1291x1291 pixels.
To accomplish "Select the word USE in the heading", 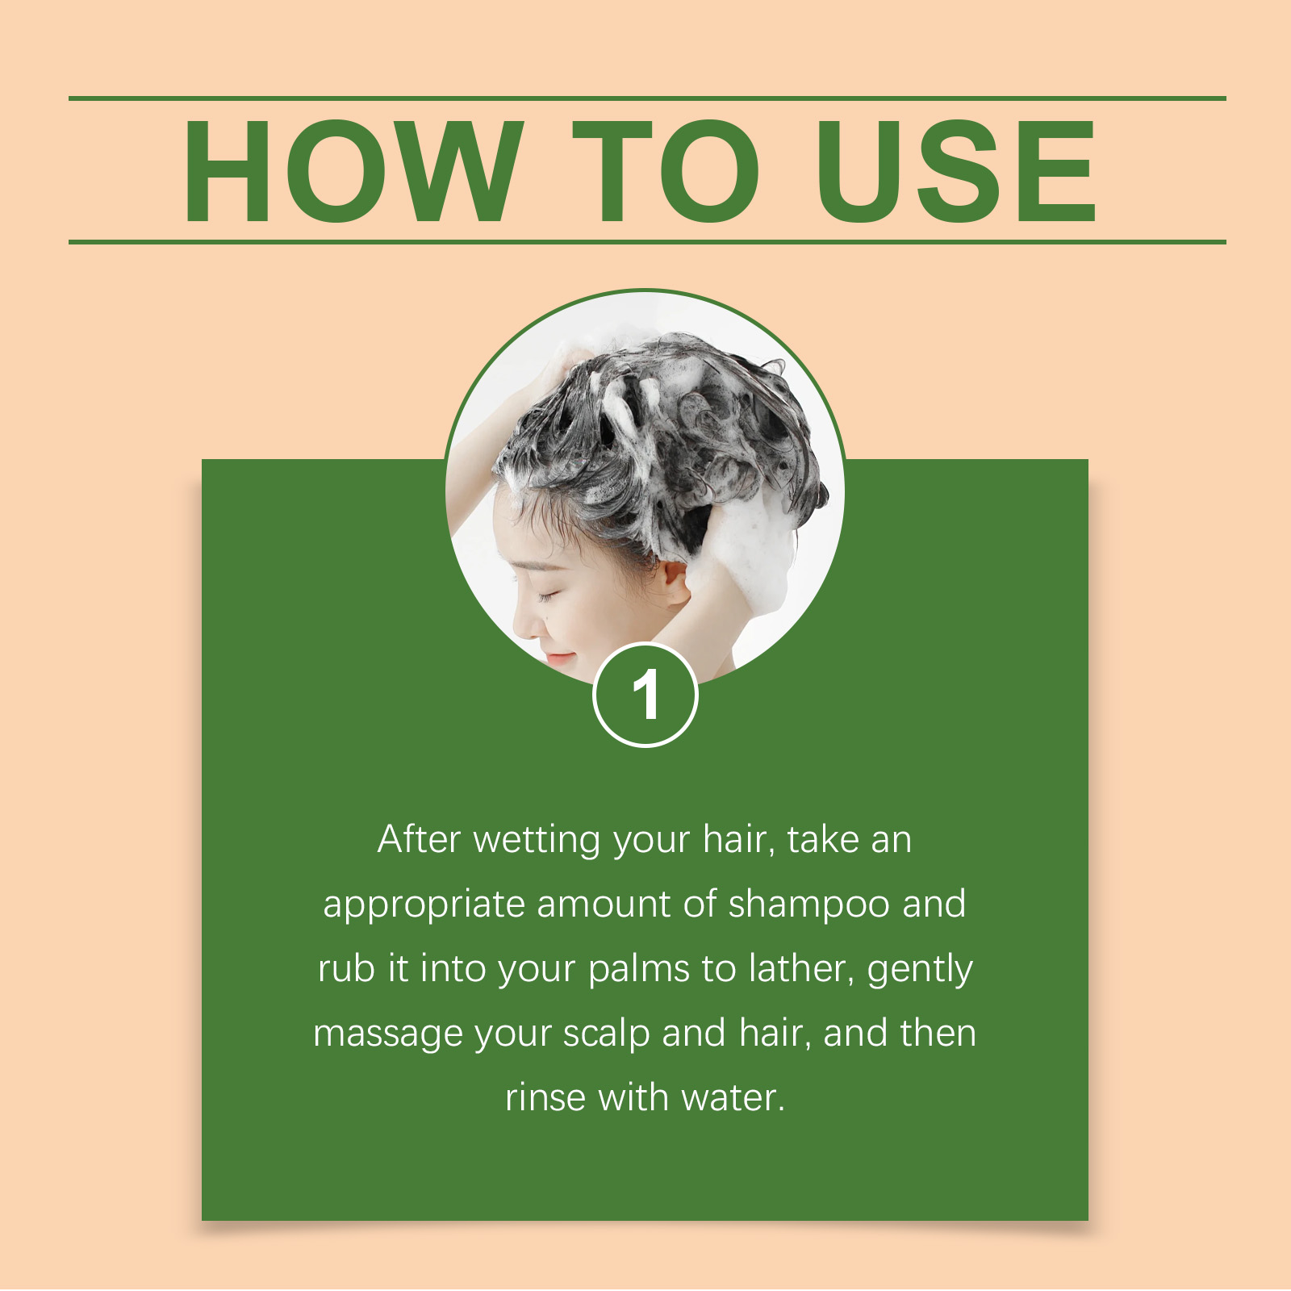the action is point(957,170).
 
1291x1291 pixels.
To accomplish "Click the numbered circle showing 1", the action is point(645,695).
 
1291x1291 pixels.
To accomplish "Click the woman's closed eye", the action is point(549,597).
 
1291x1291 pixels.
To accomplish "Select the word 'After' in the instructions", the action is point(419,839).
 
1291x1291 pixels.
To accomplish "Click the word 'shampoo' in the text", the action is point(809,905).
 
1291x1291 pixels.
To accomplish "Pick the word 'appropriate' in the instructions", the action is point(424,905).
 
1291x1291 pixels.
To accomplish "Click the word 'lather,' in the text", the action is point(802,969).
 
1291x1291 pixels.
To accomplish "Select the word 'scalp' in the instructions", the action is point(607,1034).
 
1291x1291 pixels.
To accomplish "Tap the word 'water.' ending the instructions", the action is point(733,1098).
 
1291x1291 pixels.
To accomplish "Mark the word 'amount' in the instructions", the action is point(604,905).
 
